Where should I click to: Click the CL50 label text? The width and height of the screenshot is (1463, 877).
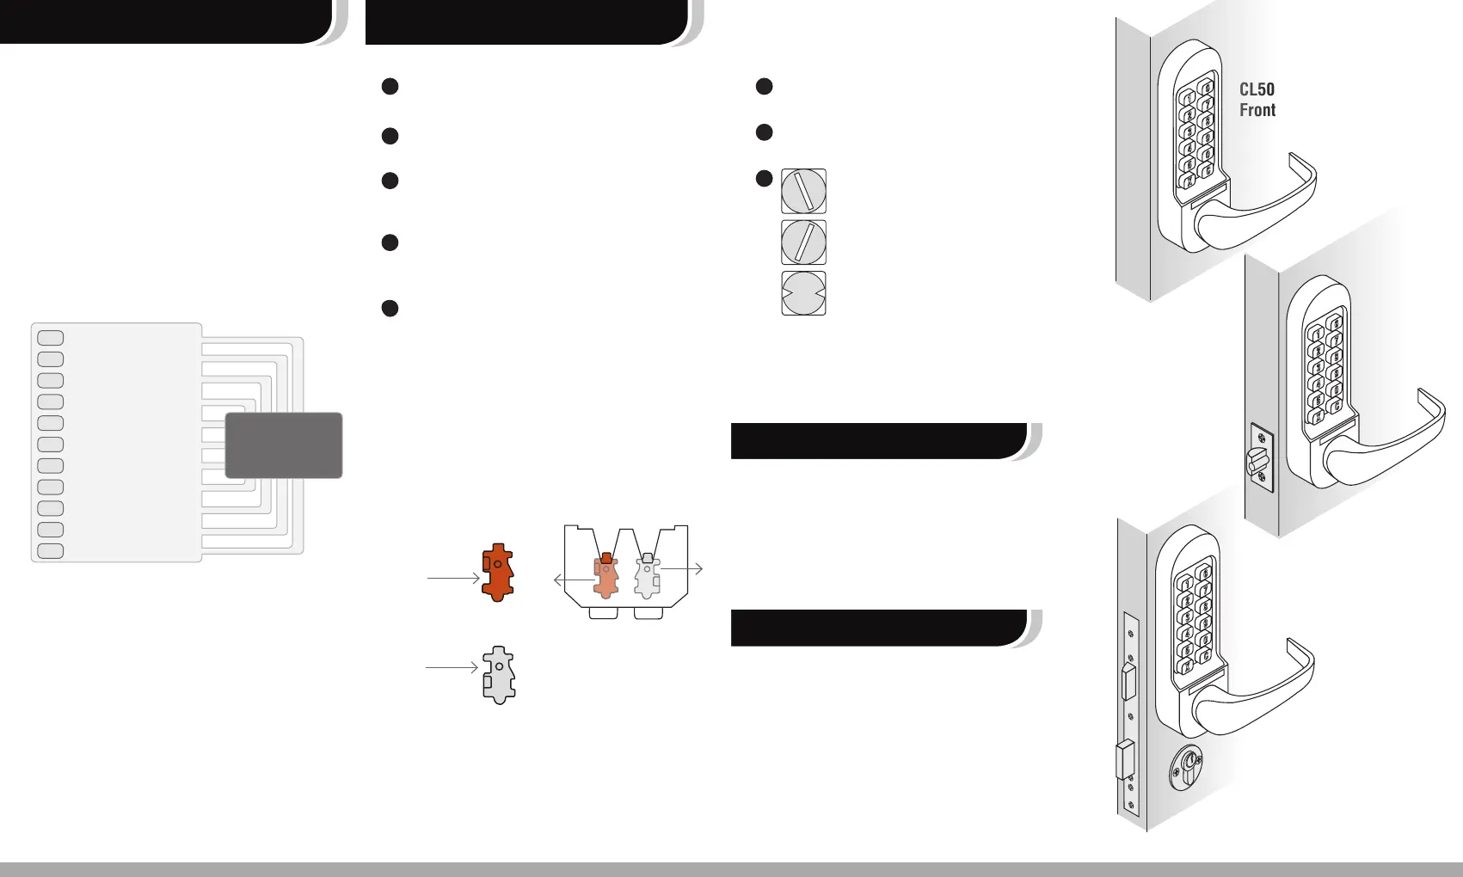tap(1257, 89)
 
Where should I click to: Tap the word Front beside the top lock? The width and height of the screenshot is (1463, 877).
tap(1257, 110)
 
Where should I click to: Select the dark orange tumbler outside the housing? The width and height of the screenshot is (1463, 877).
tap(498, 572)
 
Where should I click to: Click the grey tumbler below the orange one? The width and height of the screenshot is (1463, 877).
tap(499, 675)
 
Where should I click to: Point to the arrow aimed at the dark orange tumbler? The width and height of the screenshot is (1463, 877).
tap(452, 579)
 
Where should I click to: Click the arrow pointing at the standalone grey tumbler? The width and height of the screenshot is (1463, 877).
tap(452, 667)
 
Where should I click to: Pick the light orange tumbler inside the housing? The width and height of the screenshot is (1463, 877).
tap(605, 576)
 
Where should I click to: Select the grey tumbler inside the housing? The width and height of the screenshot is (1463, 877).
tap(647, 575)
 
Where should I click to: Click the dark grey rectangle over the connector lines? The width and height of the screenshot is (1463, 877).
tap(284, 445)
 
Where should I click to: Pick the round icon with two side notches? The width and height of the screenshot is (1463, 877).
tap(803, 293)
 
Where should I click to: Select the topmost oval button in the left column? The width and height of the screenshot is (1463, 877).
tap(51, 338)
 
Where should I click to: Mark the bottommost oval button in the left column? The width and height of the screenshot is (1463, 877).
tap(51, 551)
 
